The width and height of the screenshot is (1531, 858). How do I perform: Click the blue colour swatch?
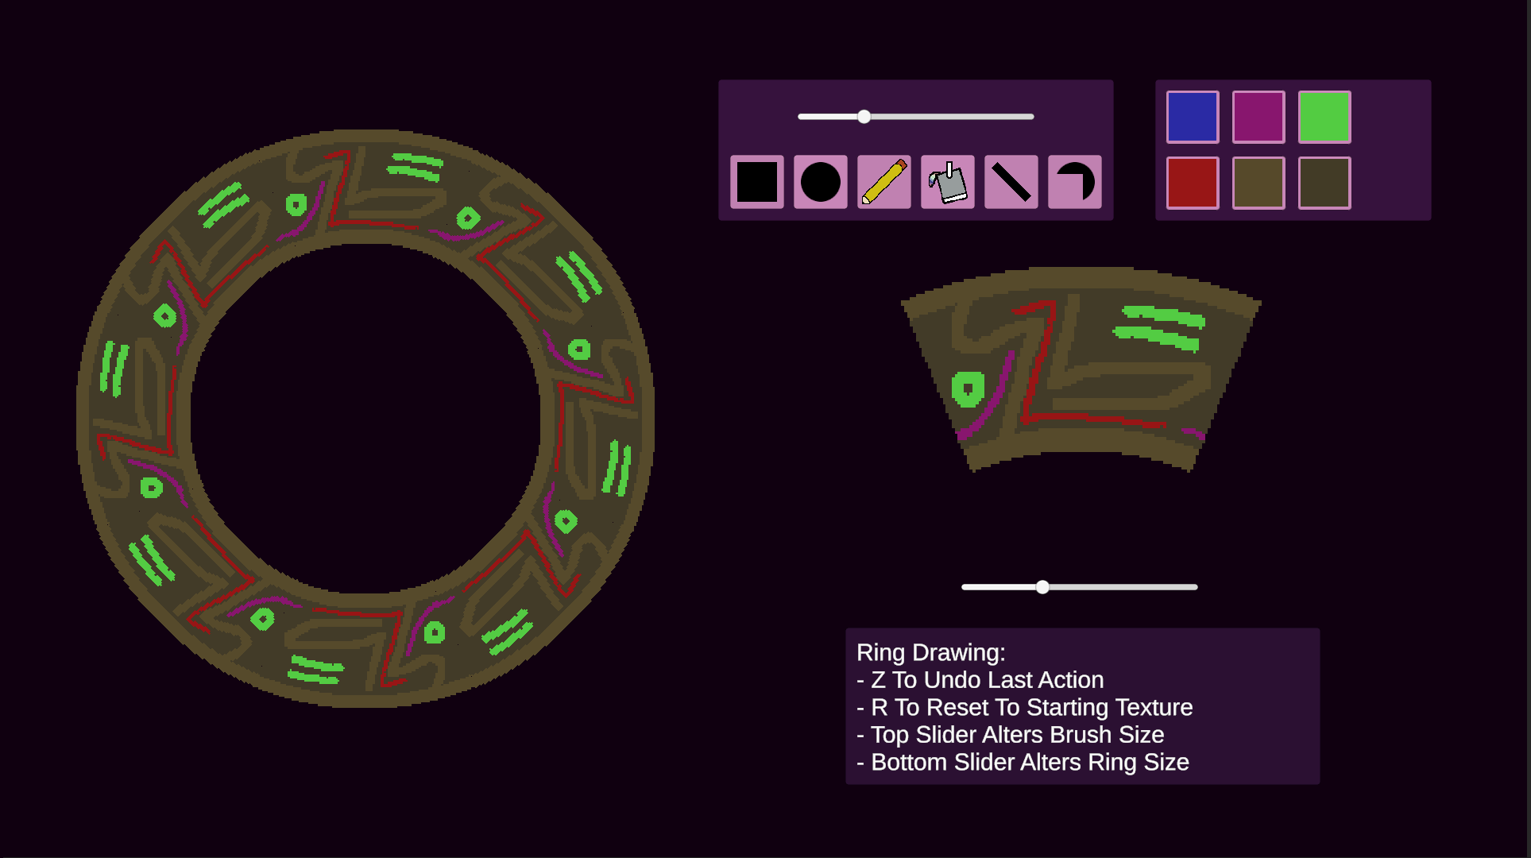(x=1193, y=117)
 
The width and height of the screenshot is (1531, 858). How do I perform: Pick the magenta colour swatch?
(x=1258, y=117)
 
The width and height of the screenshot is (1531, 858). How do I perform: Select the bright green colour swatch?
(x=1324, y=117)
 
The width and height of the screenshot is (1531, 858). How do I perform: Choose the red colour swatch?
(x=1193, y=183)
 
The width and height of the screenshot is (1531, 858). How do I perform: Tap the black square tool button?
(x=757, y=182)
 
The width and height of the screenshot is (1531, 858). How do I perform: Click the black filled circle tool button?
(x=821, y=182)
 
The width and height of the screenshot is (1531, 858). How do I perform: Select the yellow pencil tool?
(x=884, y=182)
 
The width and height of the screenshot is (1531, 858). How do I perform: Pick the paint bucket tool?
(x=948, y=182)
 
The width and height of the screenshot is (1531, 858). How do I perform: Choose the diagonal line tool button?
(x=1011, y=182)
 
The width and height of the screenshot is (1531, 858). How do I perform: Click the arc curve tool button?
(x=1075, y=182)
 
